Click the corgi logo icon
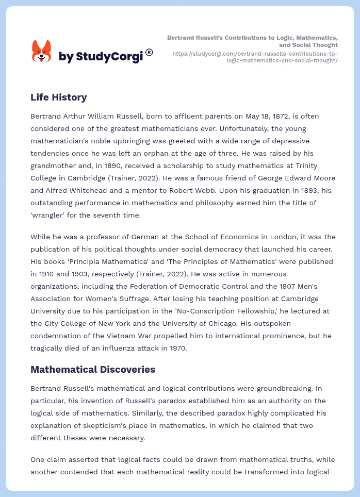[42, 52]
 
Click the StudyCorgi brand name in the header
[101, 57]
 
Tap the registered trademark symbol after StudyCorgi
[149, 52]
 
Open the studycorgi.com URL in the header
[255, 57]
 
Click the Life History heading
[58, 97]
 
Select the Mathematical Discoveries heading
[93, 370]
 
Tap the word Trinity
[304, 165]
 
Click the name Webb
[185, 190]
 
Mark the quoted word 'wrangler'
[50, 215]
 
